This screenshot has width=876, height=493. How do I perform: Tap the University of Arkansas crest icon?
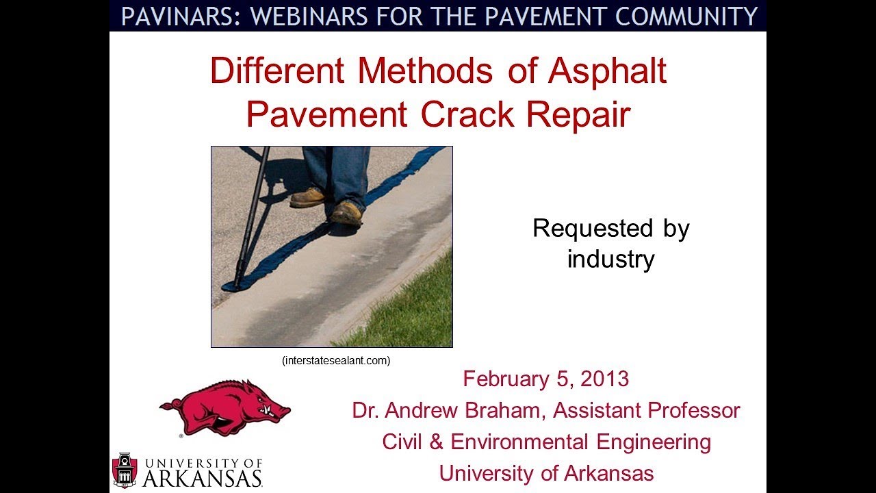coord(125,470)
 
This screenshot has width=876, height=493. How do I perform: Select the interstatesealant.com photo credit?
coord(336,360)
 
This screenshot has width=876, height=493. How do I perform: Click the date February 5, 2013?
coord(545,379)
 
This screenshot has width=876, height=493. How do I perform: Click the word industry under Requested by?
coord(610,259)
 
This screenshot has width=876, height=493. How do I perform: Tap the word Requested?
coord(584,228)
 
